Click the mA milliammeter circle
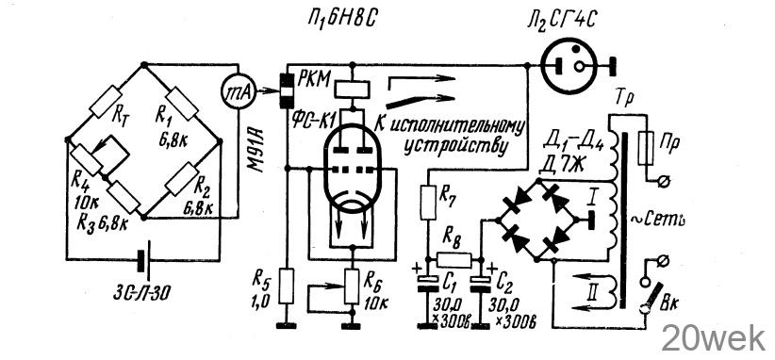pos(238,90)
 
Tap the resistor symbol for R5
pos(286,286)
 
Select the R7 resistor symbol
pos(428,203)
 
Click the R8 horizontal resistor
pos(454,260)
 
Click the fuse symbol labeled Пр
pos(646,149)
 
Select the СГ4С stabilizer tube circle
pos(573,65)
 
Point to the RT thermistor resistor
pos(107,102)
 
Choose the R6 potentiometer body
pos(352,286)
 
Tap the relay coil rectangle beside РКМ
pos(352,90)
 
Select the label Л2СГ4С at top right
pos(562,21)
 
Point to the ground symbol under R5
pos(286,325)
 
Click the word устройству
pos(455,148)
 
